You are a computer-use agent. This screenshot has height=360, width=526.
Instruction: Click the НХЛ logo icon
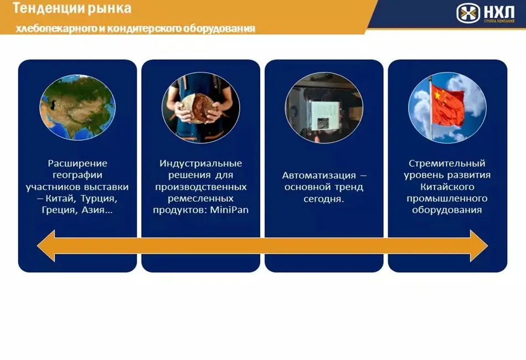coord(468,13)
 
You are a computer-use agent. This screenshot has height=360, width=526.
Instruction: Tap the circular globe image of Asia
coord(78,107)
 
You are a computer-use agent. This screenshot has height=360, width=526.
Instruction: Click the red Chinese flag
coord(447,105)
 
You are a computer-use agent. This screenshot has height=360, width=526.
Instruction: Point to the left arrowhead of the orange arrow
coord(45,246)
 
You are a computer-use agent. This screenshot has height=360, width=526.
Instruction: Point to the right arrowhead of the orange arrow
coord(479,246)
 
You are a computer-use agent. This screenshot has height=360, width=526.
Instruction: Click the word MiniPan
coord(229,210)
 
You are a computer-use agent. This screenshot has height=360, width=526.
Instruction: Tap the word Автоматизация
coord(319,175)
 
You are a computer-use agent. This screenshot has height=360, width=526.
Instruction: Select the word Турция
coord(99,199)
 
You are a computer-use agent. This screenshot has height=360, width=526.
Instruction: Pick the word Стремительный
coord(447,163)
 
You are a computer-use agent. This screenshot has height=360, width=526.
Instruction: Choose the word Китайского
coord(447,187)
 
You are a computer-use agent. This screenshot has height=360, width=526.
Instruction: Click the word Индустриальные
coord(200,163)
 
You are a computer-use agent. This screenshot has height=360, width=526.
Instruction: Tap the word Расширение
coord(78,163)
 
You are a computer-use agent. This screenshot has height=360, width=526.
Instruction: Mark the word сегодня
coord(324,199)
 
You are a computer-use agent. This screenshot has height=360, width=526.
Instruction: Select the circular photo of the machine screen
coord(324,107)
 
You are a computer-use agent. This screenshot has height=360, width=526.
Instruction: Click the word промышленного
coord(447,199)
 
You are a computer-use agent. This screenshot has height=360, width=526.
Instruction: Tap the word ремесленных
coord(200,199)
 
